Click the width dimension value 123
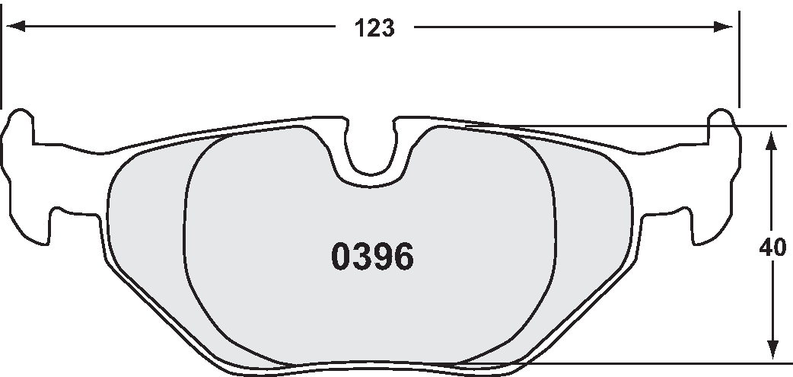[374, 29]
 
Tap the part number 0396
[372, 257]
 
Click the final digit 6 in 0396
[403, 257]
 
